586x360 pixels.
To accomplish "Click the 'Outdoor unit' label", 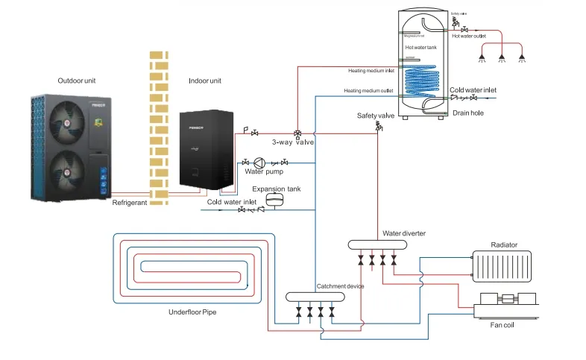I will pos(78,80).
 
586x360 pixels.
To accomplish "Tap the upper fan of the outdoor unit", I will pos(69,121).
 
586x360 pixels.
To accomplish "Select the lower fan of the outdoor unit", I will pos(69,169).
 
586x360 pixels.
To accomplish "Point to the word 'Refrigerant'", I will pos(130,203).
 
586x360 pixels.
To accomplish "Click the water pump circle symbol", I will pos(259,162).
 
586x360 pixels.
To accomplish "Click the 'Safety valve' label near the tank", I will pos(374,116).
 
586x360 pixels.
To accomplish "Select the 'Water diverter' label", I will pos(404,233).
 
